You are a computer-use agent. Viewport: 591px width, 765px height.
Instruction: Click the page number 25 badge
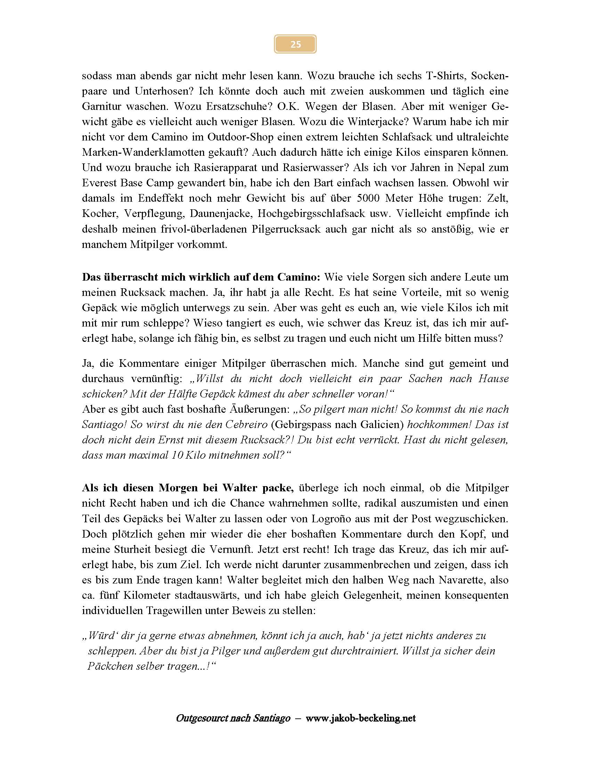[x=295, y=44]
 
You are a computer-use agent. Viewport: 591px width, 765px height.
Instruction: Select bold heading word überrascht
[x=129, y=277]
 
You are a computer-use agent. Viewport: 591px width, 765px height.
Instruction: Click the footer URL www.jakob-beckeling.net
[x=361, y=718]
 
